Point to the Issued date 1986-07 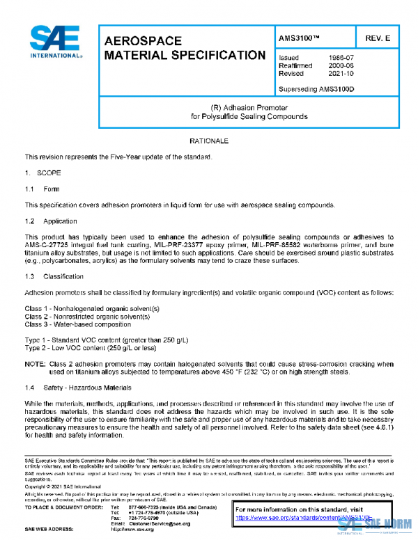340,58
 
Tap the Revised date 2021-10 340,73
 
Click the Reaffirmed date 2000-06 340,65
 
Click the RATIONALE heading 208,141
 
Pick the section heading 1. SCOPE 43,173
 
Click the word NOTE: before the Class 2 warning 35,364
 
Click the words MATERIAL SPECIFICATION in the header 184,55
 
